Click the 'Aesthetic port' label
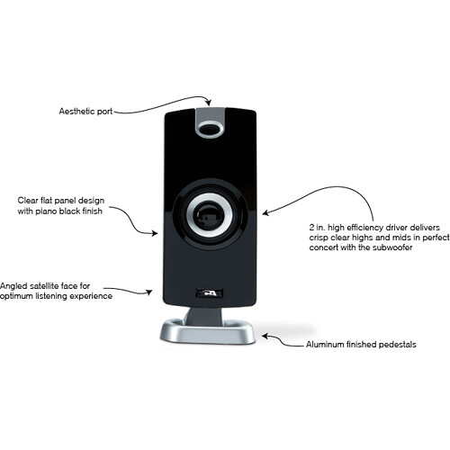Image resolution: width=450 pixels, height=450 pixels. [85, 112]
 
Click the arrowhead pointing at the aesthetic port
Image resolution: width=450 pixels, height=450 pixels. [209, 102]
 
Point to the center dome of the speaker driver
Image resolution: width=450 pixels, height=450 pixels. [209, 215]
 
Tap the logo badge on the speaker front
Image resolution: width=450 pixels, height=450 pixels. [209, 293]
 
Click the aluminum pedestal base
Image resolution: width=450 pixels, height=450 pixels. [208, 333]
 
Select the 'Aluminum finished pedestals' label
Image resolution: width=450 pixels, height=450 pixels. [361, 345]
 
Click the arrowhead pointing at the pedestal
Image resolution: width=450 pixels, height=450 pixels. [265, 336]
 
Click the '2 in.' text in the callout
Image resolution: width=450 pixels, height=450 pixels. [318, 227]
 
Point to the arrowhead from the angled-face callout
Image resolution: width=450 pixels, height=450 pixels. [148, 292]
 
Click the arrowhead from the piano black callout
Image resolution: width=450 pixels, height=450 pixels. [155, 233]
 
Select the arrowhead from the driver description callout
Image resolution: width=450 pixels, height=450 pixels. [265, 212]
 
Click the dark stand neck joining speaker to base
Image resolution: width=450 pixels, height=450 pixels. [204, 317]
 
